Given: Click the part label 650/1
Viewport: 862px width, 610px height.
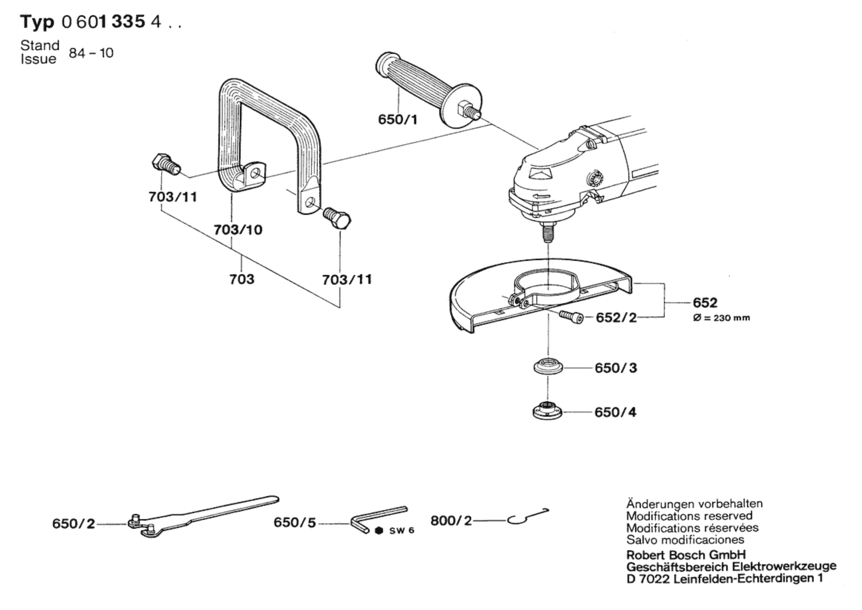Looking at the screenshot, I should pyautogui.click(x=397, y=120).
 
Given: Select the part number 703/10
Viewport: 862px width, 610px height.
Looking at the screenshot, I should pyautogui.click(x=238, y=229).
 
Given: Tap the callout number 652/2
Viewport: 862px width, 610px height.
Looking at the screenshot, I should pyautogui.click(x=616, y=318).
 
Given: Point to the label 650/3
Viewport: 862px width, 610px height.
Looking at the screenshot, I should pyautogui.click(x=616, y=368).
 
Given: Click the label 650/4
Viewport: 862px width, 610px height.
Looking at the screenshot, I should pyautogui.click(x=615, y=412).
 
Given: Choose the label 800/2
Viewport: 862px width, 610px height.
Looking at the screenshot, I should pyautogui.click(x=451, y=520).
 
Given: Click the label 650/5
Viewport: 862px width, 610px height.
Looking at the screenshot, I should pyautogui.click(x=295, y=523).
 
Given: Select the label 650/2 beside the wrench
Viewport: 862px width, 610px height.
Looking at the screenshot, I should pyautogui.click(x=74, y=523).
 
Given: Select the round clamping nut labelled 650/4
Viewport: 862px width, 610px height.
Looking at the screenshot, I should pyautogui.click(x=547, y=411).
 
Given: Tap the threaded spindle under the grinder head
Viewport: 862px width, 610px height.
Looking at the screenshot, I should pyautogui.click(x=548, y=234).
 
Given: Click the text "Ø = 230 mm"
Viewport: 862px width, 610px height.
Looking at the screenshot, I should pyautogui.click(x=721, y=318).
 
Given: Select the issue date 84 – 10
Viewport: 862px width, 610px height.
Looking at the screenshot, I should pyautogui.click(x=91, y=53).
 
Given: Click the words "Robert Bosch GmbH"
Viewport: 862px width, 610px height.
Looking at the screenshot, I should pyautogui.click(x=686, y=555).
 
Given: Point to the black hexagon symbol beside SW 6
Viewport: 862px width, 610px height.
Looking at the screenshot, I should pyautogui.click(x=379, y=530).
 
